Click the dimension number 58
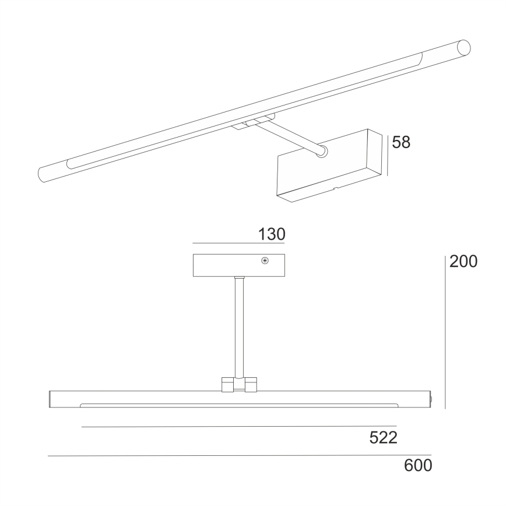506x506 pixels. pos(401,142)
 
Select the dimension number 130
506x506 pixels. pos(272,234)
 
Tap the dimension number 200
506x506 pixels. pos(463,262)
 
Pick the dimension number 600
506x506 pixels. pos(417,466)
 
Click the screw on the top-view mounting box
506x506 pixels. pos(265,261)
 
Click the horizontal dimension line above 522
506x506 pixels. pos(239,427)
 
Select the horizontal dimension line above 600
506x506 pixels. pos(239,455)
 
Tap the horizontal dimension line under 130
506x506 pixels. pos(238,243)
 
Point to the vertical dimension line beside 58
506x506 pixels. pos(388,154)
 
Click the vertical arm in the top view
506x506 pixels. pos(238,326)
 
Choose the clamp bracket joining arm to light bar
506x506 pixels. pos(239,384)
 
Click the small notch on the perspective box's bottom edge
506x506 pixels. pos(335,189)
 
